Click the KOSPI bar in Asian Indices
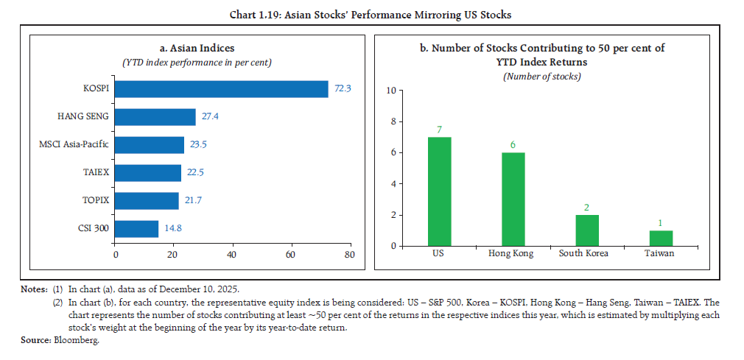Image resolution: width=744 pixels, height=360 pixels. (x=222, y=89)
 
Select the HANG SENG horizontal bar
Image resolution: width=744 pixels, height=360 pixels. (x=155, y=117)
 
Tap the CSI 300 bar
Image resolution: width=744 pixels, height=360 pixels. (x=137, y=229)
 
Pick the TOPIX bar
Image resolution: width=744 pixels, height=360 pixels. (x=147, y=201)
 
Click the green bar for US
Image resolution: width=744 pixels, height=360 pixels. (x=439, y=191)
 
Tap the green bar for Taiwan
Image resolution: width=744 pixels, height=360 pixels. (x=660, y=238)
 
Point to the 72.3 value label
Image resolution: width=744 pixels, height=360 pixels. (x=343, y=89)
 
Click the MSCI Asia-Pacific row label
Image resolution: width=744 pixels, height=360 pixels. (x=74, y=144)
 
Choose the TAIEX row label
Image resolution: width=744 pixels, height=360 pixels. (x=94, y=172)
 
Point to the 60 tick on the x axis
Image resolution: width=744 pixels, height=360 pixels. (x=290, y=255)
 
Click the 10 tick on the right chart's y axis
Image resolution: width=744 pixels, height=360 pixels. (x=391, y=91)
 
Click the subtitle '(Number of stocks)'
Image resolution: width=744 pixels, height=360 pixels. (x=541, y=77)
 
